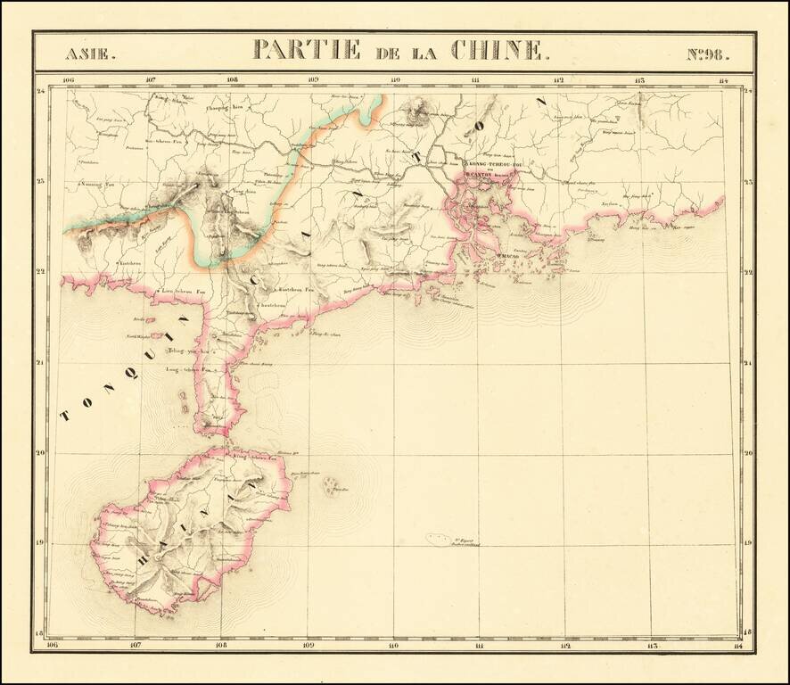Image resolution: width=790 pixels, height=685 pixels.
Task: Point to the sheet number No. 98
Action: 708,53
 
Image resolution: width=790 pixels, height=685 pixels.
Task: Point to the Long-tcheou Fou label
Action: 192,368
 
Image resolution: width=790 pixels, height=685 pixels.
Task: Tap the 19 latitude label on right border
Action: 749,543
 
